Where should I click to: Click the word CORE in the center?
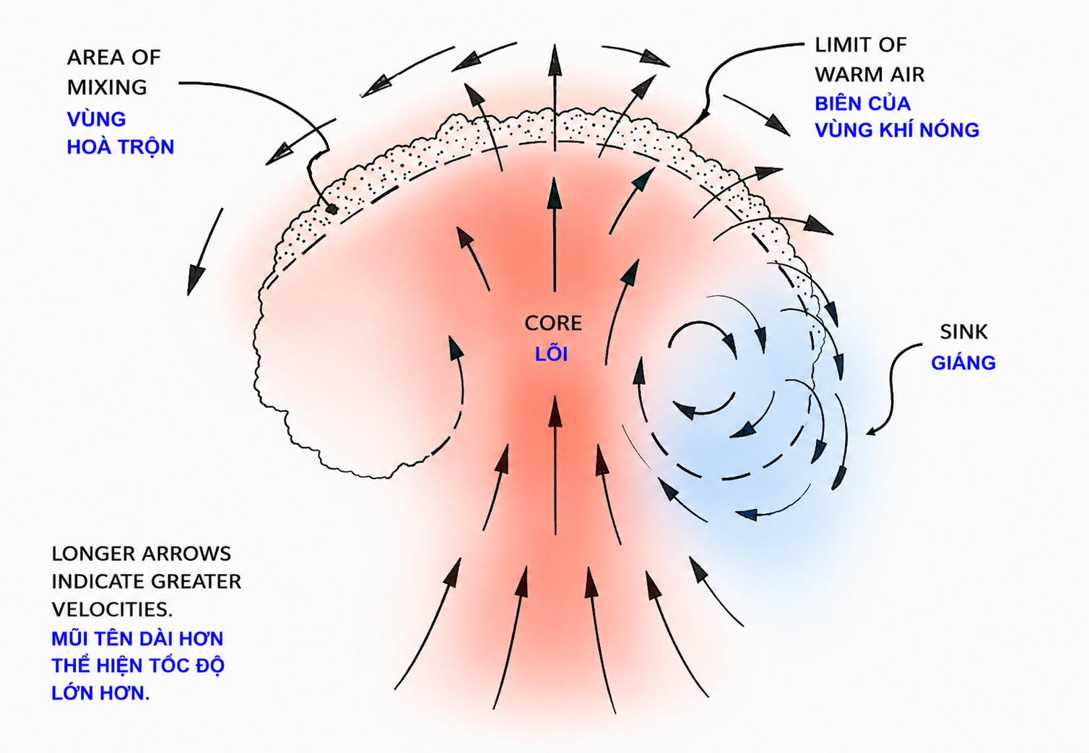(553, 323)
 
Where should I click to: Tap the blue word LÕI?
(551, 354)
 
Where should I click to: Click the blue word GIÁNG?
(963, 362)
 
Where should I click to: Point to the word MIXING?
(107, 87)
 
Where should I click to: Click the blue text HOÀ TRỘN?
(121, 147)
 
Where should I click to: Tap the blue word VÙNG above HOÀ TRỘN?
(96, 119)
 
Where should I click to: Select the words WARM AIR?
(869, 74)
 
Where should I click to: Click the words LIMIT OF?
(861, 45)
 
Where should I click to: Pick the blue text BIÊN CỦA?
(862, 103)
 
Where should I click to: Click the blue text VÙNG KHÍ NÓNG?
(897, 130)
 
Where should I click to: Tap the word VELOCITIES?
(113, 609)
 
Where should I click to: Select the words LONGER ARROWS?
(142, 554)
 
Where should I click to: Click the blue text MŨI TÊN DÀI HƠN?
(138, 638)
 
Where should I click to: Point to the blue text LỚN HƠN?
(100, 693)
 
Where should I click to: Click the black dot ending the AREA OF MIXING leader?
(332, 209)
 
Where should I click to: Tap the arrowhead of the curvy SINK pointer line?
(871, 432)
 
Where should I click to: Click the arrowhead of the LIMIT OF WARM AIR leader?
(703, 116)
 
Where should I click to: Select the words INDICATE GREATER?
(147, 581)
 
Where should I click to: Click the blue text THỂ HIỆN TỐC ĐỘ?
(138, 666)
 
